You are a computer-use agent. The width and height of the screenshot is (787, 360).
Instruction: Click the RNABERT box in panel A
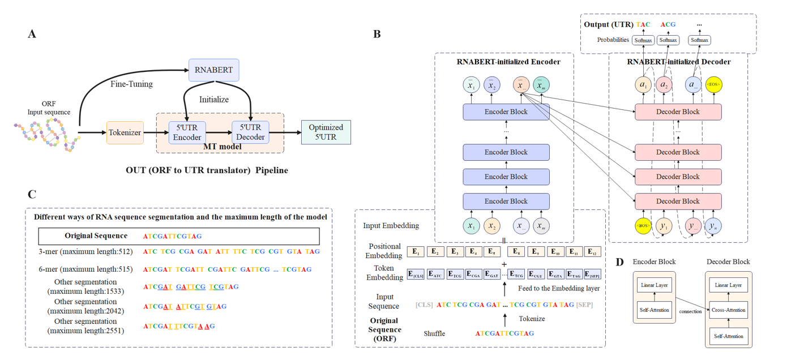[x=213, y=70]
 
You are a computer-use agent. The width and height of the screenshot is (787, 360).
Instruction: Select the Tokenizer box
[x=125, y=132]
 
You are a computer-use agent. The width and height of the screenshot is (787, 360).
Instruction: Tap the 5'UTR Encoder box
[x=187, y=132]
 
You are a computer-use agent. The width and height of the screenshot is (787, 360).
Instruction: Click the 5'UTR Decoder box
[x=250, y=132]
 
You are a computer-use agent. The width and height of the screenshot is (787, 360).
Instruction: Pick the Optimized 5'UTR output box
[x=326, y=132]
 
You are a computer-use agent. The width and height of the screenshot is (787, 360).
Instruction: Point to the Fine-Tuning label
[x=131, y=84]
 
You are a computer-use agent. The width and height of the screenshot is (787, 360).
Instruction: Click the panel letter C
[x=32, y=195]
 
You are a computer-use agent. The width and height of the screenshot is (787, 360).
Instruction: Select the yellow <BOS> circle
[x=643, y=226]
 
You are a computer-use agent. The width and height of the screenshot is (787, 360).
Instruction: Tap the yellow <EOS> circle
[x=713, y=85]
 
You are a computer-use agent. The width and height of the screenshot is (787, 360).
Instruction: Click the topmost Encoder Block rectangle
[x=506, y=112]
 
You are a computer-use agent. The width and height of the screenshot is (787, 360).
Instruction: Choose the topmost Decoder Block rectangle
[x=678, y=112]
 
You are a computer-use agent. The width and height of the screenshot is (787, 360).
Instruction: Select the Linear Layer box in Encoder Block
[x=654, y=285]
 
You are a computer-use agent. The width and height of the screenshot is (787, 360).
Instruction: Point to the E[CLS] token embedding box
[x=415, y=275]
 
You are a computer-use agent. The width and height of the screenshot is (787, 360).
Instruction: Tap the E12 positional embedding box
[x=592, y=252]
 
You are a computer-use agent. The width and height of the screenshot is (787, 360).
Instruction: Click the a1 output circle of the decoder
[x=643, y=85]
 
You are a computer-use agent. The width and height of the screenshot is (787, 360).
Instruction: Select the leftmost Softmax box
[x=644, y=40]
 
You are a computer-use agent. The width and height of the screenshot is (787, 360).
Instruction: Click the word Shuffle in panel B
[x=434, y=333]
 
